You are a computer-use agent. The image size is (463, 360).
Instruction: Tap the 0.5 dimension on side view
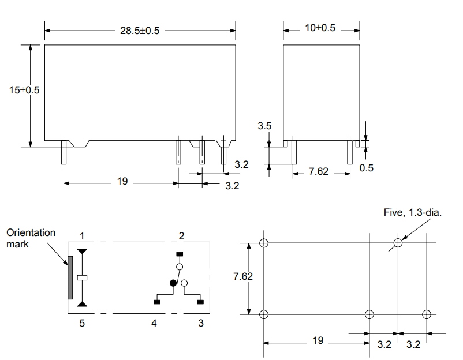[x=367, y=168]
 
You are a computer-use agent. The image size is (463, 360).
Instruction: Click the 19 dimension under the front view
[x=122, y=182]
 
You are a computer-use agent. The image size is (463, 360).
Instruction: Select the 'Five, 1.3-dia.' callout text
[x=412, y=212]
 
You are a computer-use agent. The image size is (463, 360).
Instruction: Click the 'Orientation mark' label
[x=31, y=238]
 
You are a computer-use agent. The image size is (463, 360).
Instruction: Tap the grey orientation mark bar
[x=70, y=277]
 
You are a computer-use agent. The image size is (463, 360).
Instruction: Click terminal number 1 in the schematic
[x=82, y=236]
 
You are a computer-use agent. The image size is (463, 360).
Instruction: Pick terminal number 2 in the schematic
[x=181, y=236]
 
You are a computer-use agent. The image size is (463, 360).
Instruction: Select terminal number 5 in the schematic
[x=82, y=323]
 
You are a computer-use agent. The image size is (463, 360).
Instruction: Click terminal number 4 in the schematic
[x=154, y=323]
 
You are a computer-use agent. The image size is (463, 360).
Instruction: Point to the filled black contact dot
[x=173, y=282]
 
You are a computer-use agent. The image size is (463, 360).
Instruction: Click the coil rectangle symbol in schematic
[x=83, y=277]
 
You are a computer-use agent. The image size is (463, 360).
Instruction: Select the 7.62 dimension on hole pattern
[x=242, y=276]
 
